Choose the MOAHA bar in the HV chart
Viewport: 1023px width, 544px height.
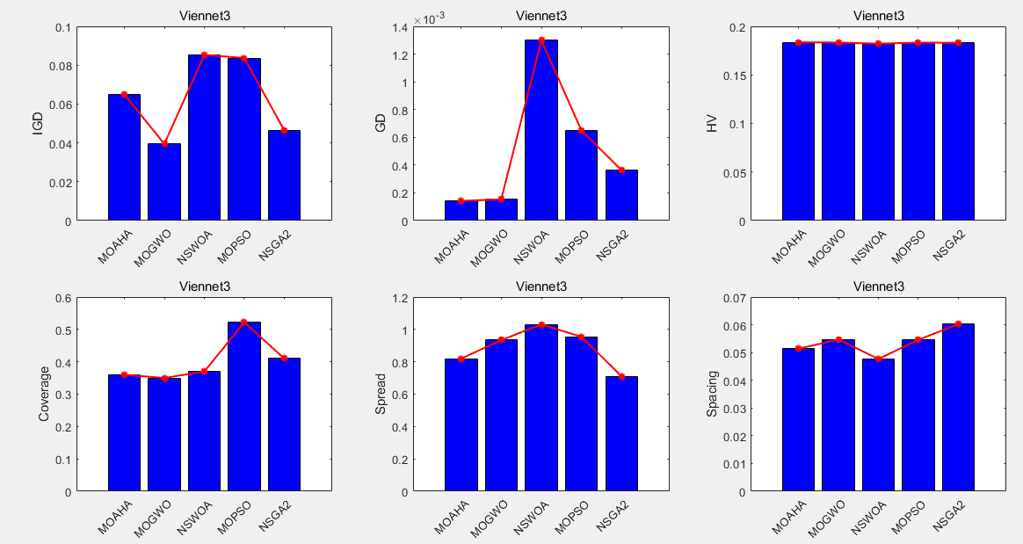(x=798, y=131)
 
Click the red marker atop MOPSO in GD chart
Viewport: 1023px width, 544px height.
(x=581, y=131)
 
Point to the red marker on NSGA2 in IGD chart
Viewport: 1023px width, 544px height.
(x=284, y=131)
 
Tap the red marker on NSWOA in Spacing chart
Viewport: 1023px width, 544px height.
(x=878, y=359)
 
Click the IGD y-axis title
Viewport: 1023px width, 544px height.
(x=38, y=124)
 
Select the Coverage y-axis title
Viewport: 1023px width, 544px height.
(x=44, y=395)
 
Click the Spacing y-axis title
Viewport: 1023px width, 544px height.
(x=713, y=395)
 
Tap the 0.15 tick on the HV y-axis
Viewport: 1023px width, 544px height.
(x=731, y=76)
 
